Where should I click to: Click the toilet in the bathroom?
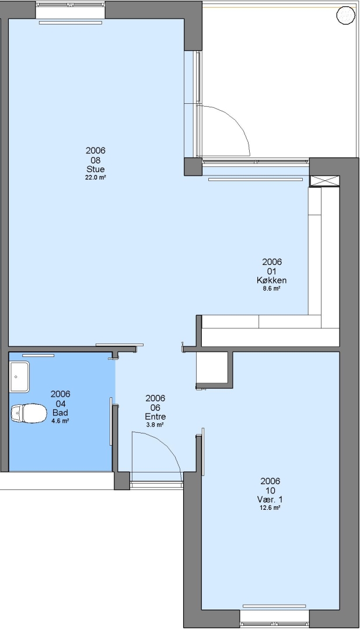(x=29, y=413)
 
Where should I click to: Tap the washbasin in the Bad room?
(x=19, y=377)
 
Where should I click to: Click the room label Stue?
(x=95, y=169)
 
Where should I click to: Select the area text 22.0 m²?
(x=95, y=177)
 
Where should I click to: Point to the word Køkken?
(x=272, y=280)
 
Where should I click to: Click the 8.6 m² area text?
(x=272, y=288)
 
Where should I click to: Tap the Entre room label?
(x=155, y=416)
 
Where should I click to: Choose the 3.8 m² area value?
(x=155, y=425)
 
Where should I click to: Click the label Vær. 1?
(x=270, y=499)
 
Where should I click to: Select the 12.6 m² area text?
(x=270, y=508)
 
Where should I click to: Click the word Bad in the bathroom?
(x=60, y=412)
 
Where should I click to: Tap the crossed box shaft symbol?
(x=324, y=181)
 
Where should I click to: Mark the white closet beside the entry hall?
(x=212, y=369)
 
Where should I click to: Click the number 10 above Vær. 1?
(x=270, y=490)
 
